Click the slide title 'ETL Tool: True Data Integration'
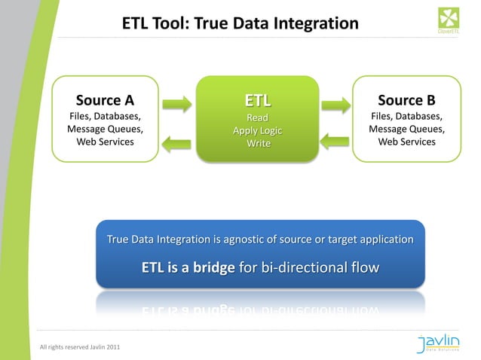pyautogui.click(x=240, y=24)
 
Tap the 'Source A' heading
pyautogui.click(x=105, y=100)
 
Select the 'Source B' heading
pyautogui.click(x=406, y=100)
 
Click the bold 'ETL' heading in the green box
pyautogui.click(x=257, y=101)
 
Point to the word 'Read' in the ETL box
pyautogui.click(x=257, y=117)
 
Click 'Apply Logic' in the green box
pyautogui.click(x=257, y=131)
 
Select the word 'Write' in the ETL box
pyautogui.click(x=257, y=145)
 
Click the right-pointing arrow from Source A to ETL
pyautogui.click(x=177, y=103)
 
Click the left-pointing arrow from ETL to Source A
pyautogui.click(x=177, y=141)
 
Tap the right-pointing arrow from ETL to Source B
pyautogui.click(x=335, y=103)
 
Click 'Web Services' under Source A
pyautogui.click(x=105, y=142)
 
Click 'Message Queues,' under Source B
pyautogui.click(x=406, y=129)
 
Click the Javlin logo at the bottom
pyautogui.click(x=442, y=345)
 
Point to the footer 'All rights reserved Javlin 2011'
pyautogui.click(x=79, y=346)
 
